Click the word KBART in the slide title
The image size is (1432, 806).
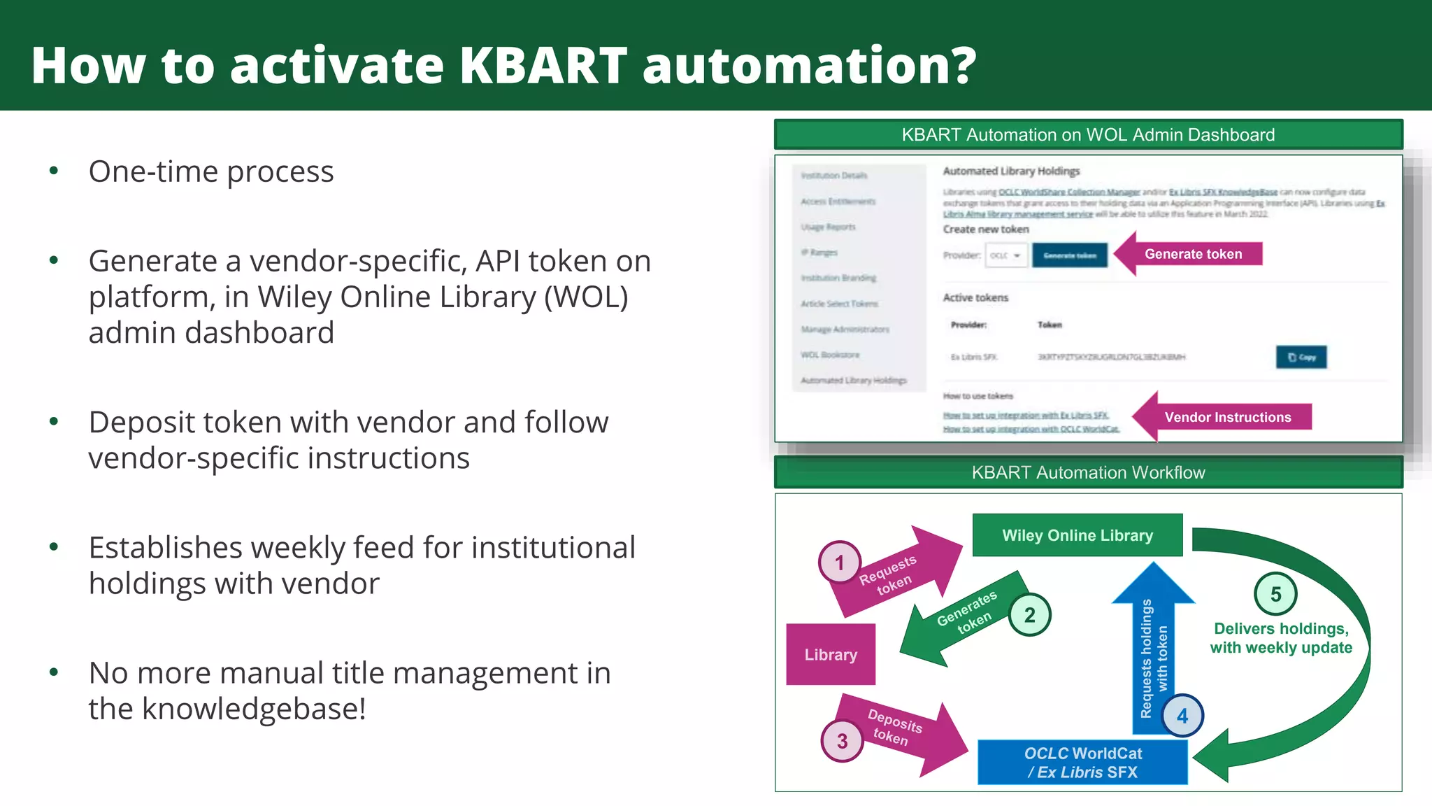(543, 65)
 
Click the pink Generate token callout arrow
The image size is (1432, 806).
(1193, 254)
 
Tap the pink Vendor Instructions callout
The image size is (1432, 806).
(1227, 417)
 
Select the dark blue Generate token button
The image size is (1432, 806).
(1069, 255)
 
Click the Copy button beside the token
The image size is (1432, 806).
(1301, 357)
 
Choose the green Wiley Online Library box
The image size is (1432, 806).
(1077, 535)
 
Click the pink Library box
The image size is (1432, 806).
(831, 654)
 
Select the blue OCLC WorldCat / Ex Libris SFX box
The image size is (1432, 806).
(1082, 763)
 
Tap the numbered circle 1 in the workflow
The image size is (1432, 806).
(840, 563)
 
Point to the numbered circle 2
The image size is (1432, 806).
(1029, 615)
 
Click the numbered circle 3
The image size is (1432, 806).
(842, 741)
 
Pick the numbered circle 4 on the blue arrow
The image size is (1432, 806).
(1182, 716)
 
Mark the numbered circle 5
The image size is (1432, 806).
(1275, 594)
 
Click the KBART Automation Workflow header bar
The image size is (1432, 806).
(1088, 472)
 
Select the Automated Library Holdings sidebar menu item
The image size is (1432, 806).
(854, 381)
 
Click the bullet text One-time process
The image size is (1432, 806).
(211, 171)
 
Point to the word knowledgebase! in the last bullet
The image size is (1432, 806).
(254, 709)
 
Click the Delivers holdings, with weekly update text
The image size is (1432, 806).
(1281, 638)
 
